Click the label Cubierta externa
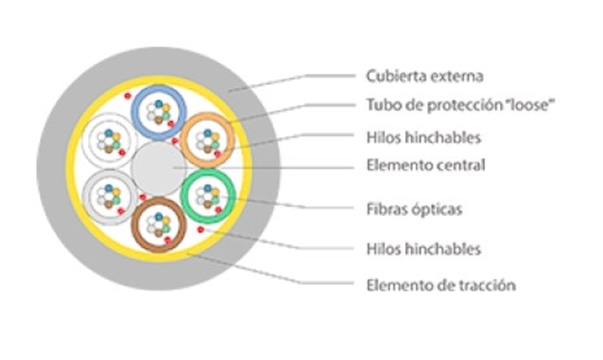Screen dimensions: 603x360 pyautogui.click(x=424, y=76)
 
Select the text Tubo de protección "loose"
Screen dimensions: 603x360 pyautogui.click(x=461, y=105)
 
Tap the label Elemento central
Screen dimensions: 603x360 pyautogui.click(x=426, y=165)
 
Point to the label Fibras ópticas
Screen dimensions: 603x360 pyautogui.click(x=414, y=210)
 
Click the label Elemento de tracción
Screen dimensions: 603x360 pyautogui.click(x=441, y=285)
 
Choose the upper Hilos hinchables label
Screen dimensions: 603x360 pyautogui.click(x=423, y=137)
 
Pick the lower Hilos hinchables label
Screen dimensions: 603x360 pyautogui.click(x=423, y=249)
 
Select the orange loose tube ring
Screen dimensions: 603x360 pyautogui.click(x=184, y=140)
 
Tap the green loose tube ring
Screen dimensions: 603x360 pyautogui.click(x=184, y=196)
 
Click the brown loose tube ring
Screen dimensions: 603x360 pyautogui.click(x=135, y=225)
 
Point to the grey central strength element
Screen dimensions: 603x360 pyautogui.click(x=158, y=169)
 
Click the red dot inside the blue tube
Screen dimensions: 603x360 pyautogui.click(x=171, y=124)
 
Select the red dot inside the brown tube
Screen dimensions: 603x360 pyautogui.click(x=168, y=240)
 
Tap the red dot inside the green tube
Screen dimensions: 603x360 pyautogui.click(x=219, y=210)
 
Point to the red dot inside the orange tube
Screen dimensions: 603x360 pyautogui.click(x=218, y=155)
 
